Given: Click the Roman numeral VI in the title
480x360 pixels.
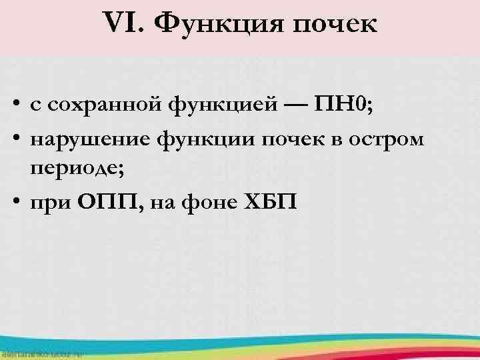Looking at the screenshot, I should tap(123, 25).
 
